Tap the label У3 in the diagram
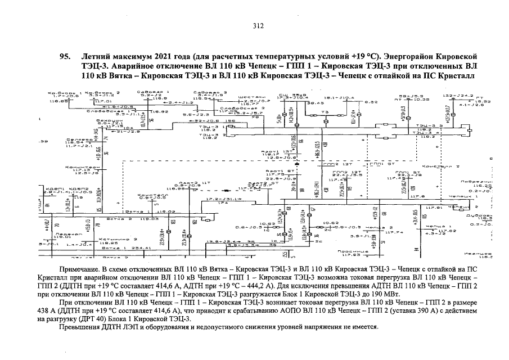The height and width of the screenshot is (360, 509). [325, 111]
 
